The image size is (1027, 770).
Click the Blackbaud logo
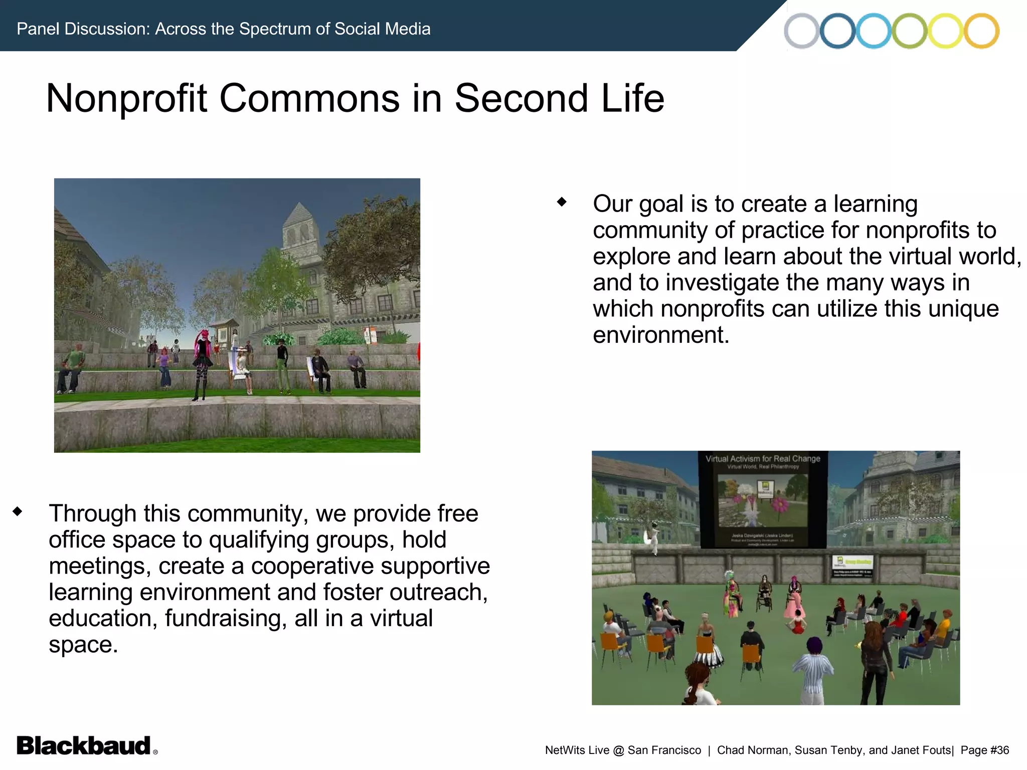coord(84,745)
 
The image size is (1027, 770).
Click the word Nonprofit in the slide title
coord(126,98)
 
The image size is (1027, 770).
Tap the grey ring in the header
coord(801,31)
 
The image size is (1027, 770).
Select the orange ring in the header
coord(981,31)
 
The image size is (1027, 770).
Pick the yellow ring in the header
coord(945,31)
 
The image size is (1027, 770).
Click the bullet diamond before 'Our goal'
coord(562,202)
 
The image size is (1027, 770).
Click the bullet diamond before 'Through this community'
coord(18,511)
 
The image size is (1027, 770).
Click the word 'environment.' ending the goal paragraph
coord(660,335)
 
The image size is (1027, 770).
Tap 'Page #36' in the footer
coord(984,750)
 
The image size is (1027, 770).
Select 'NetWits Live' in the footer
coord(577,750)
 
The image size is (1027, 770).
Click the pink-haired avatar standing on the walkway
coord(202,361)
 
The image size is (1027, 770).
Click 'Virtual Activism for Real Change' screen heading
coord(762,458)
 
